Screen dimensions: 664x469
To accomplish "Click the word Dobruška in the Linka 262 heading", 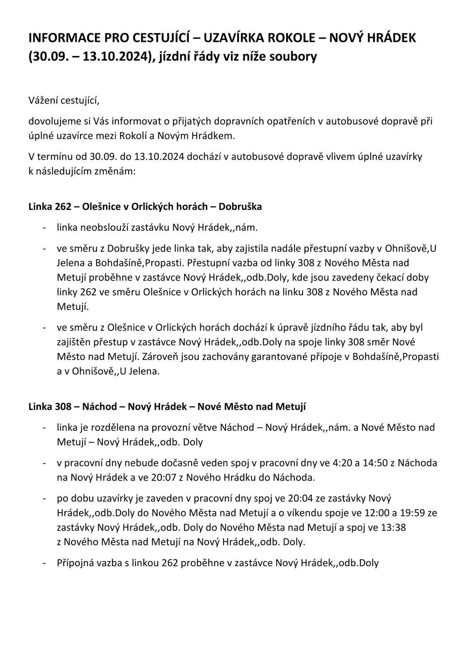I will [x=240, y=206].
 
